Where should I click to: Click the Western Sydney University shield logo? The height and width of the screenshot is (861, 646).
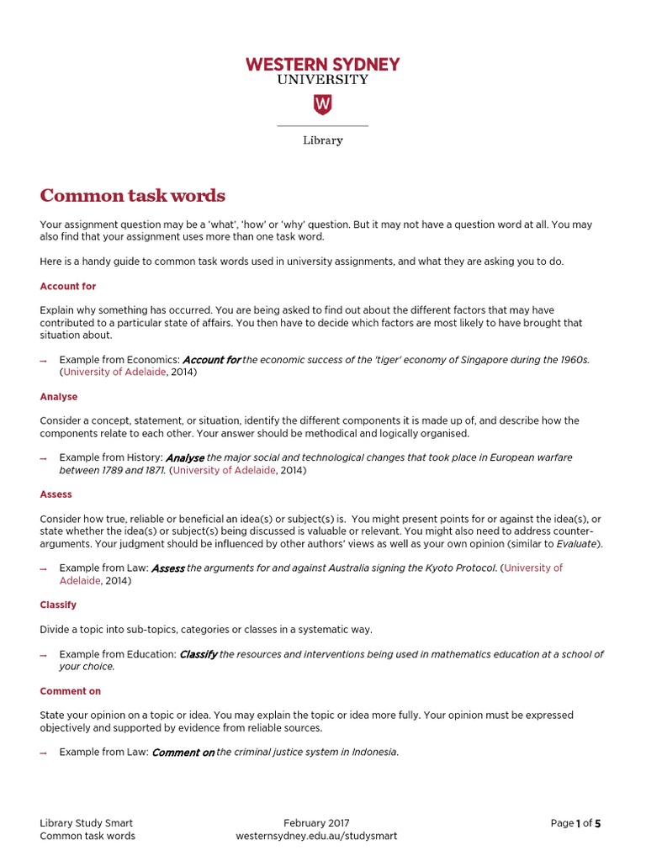click(322, 104)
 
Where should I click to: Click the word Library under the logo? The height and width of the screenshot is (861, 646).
click(322, 140)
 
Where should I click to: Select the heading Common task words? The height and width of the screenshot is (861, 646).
click(133, 196)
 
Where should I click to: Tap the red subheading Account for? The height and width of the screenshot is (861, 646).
click(68, 287)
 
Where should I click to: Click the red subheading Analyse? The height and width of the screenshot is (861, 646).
click(59, 397)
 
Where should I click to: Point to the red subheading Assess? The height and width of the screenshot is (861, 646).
click(56, 494)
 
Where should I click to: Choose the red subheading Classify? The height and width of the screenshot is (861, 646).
click(58, 605)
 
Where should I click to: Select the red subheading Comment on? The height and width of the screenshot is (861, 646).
click(71, 691)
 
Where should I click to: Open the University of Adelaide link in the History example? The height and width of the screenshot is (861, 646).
click(224, 471)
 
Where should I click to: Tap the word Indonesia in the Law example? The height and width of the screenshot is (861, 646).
click(373, 753)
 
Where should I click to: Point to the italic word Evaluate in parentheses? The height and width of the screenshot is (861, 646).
click(576, 544)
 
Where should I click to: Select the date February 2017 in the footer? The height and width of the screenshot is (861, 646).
click(316, 823)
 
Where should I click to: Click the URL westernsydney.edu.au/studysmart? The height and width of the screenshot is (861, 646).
click(316, 836)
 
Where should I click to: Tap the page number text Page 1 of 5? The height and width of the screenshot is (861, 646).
click(575, 823)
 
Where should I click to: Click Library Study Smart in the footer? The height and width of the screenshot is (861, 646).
click(87, 823)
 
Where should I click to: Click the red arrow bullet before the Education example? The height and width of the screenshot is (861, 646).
click(44, 655)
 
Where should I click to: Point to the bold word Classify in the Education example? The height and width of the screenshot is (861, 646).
click(199, 654)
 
